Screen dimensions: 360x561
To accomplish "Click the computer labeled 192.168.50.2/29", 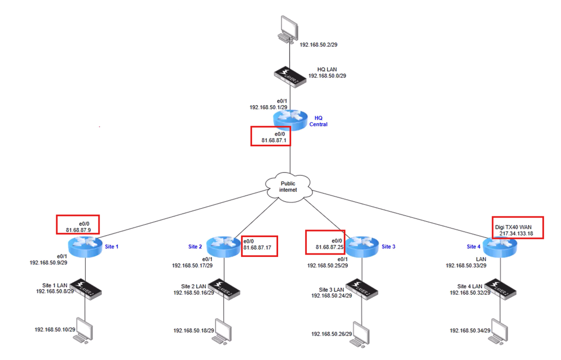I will point(288,30).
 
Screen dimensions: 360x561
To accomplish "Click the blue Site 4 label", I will point(474,247).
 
